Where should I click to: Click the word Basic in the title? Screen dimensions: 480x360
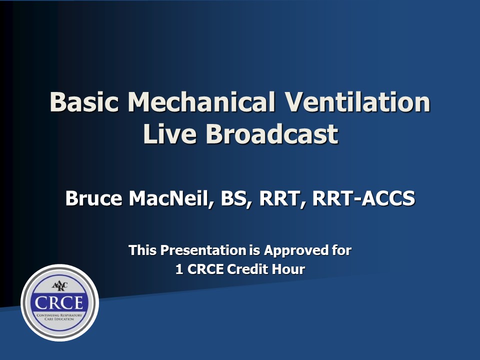point(84,101)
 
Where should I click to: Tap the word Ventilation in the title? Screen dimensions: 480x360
point(357,101)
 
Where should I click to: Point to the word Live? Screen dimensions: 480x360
point(170,134)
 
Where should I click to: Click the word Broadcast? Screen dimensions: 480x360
point(272,134)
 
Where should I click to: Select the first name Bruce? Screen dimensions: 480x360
point(93,198)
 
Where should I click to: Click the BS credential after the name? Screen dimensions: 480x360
point(236,198)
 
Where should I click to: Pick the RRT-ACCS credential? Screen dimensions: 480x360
point(363,198)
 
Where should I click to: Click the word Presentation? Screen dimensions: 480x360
point(203,250)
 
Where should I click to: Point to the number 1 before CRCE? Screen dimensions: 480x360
point(179,269)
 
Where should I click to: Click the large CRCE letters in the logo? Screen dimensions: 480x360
point(59,303)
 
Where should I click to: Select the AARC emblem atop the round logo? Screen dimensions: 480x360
point(59,286)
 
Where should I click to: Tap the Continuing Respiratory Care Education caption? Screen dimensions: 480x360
point(59,317)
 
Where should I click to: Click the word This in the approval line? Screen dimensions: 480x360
point(142,250)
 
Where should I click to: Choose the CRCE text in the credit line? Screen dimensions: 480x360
point(205,269)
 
